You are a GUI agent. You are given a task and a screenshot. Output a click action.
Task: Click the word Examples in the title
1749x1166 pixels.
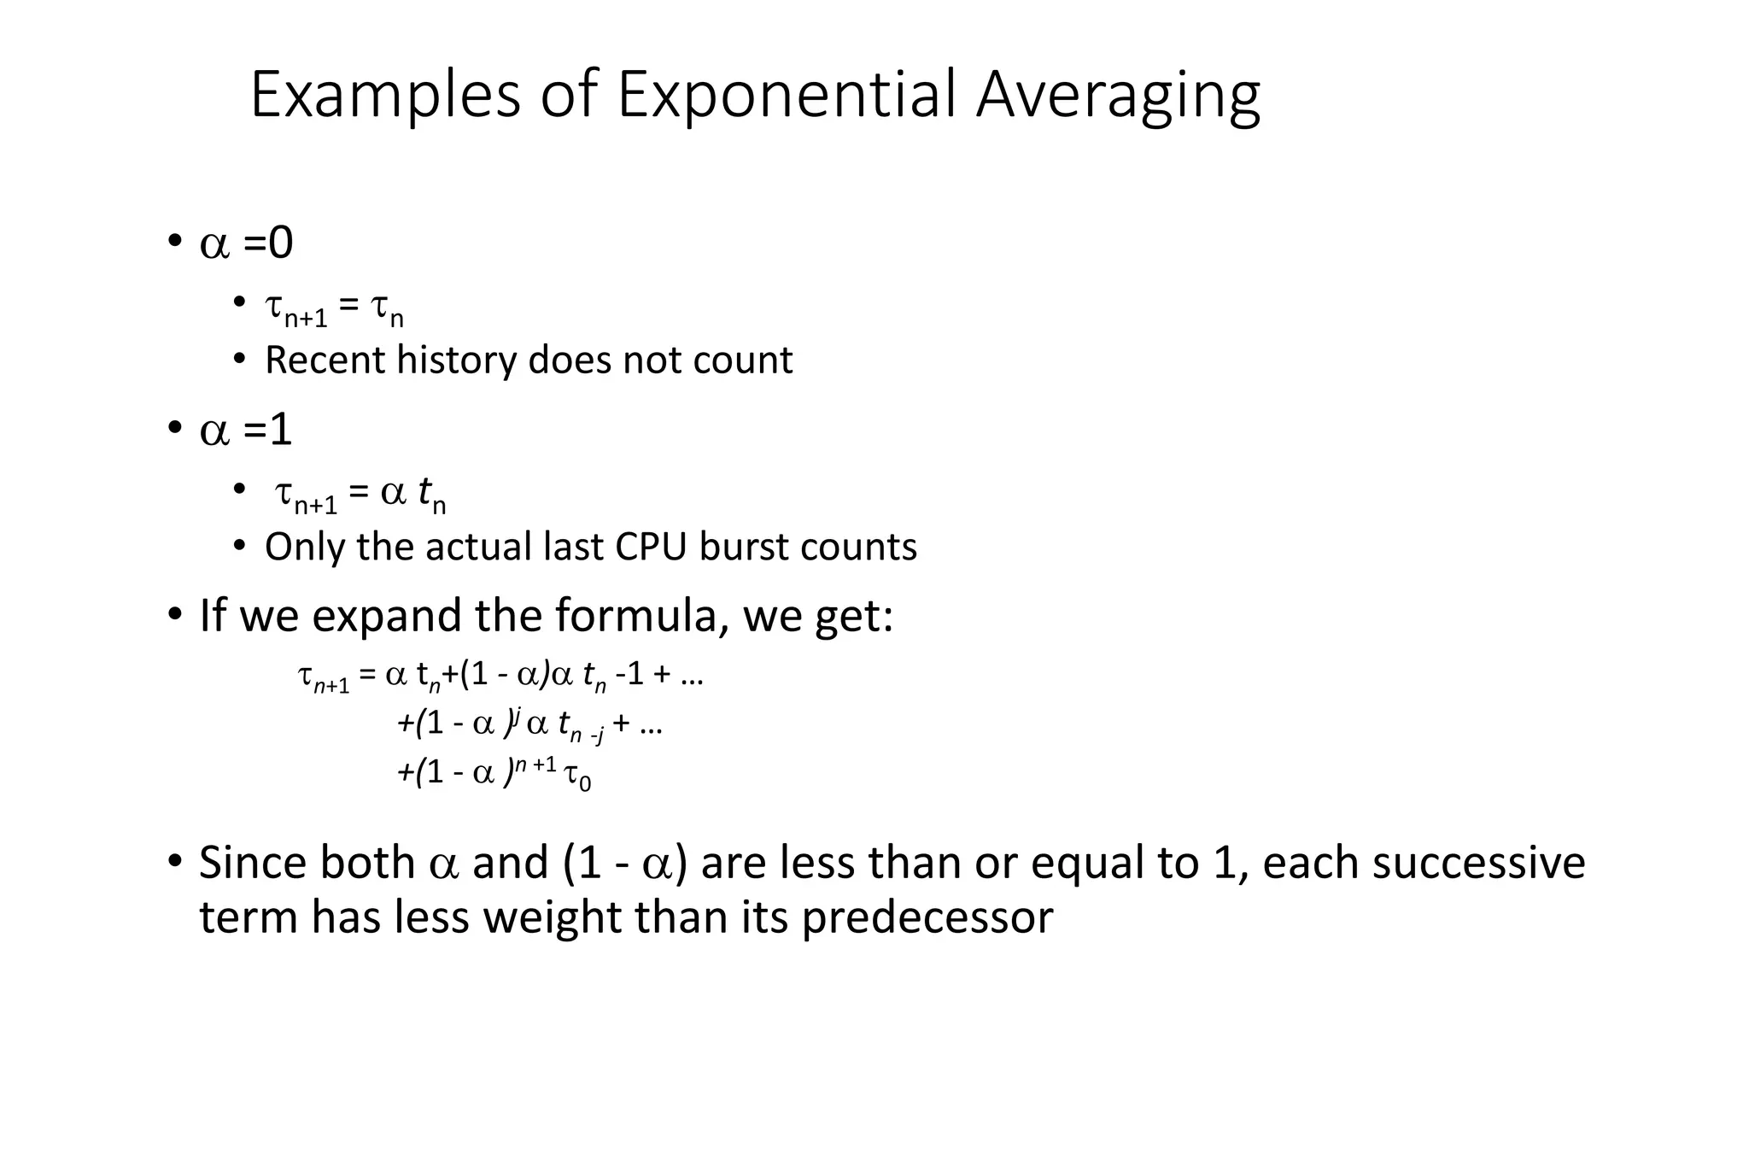pos(385,96)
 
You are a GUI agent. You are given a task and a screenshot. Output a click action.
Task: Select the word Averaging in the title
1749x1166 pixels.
pos(1118,96)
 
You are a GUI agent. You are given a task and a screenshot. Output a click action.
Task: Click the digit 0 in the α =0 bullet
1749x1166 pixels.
pos(281,243)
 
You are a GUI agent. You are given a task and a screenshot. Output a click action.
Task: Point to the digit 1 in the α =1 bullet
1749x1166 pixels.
pos(281,429)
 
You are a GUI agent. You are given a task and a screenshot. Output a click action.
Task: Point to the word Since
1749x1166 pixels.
pos(253,863)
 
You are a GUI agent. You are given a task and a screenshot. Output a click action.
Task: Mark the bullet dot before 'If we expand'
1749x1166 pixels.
pos(174,614)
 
